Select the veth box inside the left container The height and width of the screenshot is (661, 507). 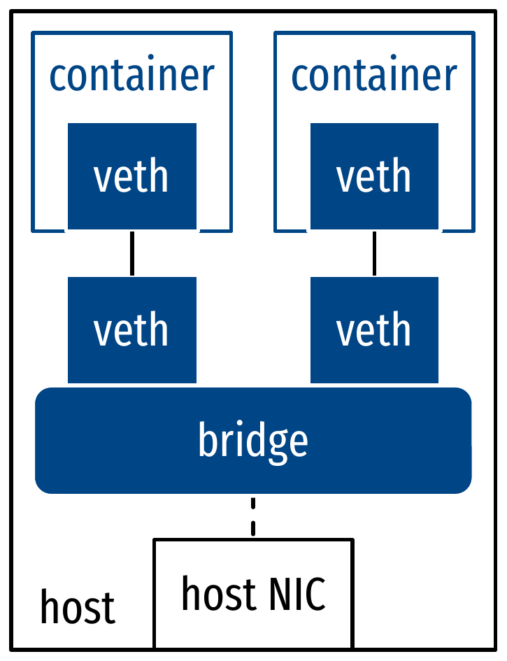point(131,176)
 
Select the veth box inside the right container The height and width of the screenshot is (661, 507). point(374,176)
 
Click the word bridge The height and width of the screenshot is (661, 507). point(253,441)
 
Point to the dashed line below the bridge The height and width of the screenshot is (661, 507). point(253,516)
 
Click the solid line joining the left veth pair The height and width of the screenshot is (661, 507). point(131,253)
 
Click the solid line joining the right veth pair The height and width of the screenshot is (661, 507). point(374,253)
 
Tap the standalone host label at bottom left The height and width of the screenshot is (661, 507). point(77,607)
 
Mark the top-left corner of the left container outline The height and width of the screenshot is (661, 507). point(32,32)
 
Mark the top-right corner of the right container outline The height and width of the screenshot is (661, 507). point(473,32)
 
